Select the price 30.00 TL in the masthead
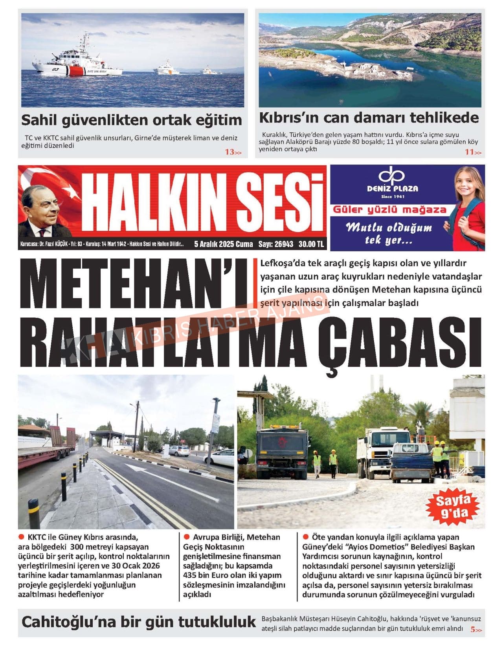(x=311, y=244)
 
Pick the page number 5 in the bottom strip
(x=474, y=629)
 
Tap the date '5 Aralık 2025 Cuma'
(x=224, y=244)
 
